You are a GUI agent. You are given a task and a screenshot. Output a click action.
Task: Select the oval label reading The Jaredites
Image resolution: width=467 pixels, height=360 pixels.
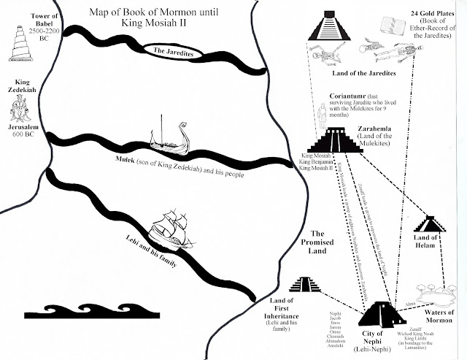(171, 50)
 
